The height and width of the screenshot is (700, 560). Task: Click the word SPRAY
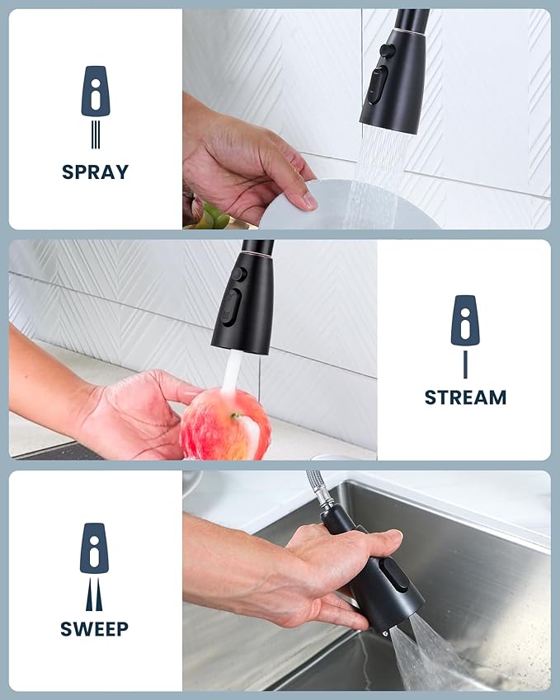pos(95,172)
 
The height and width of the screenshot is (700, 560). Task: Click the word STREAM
pos(465,397)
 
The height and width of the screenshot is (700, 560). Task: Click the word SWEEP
pos(94,629)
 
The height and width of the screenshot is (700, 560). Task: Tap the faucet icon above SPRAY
pos(95,92)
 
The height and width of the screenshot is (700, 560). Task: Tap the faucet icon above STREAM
pos(465,320)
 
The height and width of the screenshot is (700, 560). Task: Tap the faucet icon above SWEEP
pos(94,548)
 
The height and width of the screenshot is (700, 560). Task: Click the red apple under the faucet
pos(225,425)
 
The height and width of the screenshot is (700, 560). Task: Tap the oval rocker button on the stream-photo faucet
pos(233,308)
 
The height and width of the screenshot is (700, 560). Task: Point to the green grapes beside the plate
pos(210,216)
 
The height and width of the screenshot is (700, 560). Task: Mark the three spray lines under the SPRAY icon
pos(95,134)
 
